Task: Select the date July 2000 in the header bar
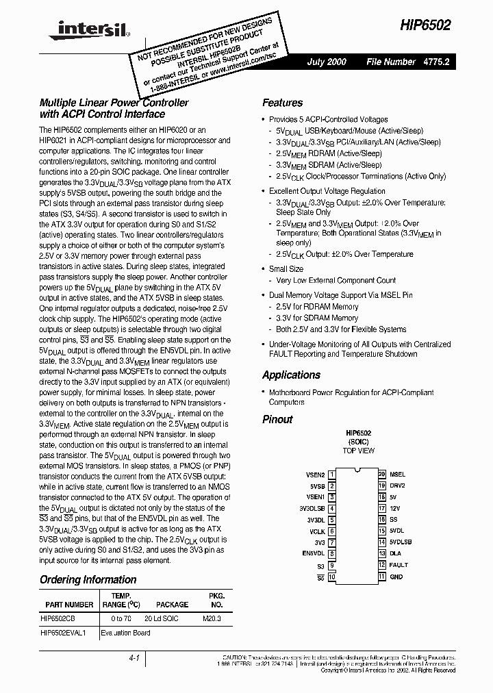click(327, 62)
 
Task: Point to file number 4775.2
click(439, 62)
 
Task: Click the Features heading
click(282, 103)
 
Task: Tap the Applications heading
click(291, 375)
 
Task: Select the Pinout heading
click(277, 419)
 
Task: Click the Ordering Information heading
click(88, 579)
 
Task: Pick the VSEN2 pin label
click(314, 474)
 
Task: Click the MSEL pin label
click(397, 474)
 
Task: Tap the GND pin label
click(396, 577)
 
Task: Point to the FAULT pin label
click(399, 566)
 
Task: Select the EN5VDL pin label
click(313, 554)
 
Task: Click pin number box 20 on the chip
click(382, 474)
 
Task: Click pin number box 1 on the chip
click(331, 474)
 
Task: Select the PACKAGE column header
click(172, 605)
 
